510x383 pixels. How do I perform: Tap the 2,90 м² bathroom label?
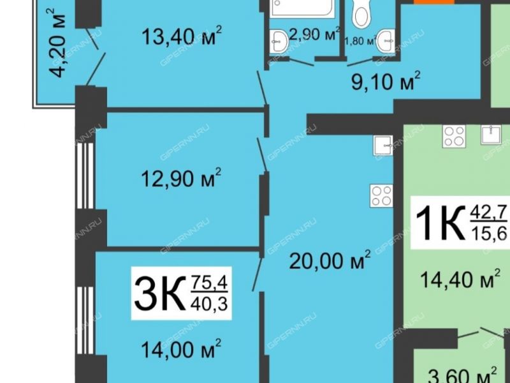pos(313,35)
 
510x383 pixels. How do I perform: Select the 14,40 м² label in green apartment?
pos(460,279)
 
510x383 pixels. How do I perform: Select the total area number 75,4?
pos(210,280)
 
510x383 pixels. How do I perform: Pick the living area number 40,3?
pos(210,303)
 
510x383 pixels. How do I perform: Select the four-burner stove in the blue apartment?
pos(381,195)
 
